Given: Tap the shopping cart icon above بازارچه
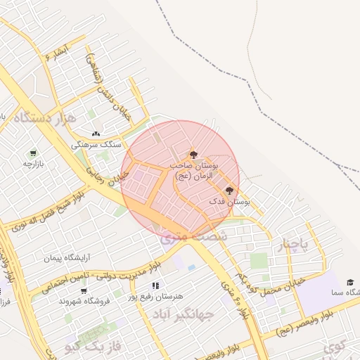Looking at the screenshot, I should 32,153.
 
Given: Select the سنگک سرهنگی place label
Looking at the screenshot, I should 96,144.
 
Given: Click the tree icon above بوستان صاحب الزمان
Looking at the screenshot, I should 194,154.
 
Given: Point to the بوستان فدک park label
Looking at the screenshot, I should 230,202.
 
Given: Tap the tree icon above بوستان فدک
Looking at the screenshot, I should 229,190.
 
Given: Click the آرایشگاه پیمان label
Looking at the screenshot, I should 69,258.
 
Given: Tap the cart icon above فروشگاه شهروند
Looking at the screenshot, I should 84,290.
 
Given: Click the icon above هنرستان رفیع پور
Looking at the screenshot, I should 156,285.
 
